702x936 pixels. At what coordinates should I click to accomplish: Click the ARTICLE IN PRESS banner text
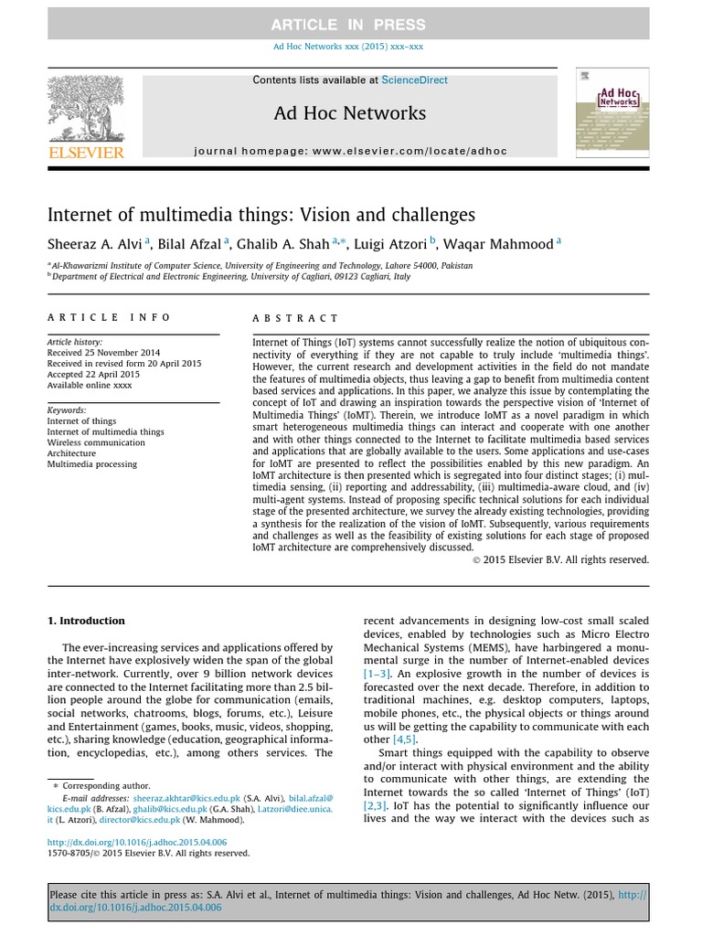348,25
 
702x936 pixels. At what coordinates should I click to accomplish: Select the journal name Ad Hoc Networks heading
349,113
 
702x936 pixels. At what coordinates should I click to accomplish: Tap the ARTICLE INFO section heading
109,317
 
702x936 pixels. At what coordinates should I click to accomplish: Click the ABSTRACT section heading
295,318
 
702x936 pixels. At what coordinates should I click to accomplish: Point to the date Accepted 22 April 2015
93,374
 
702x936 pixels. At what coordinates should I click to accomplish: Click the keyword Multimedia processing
92,464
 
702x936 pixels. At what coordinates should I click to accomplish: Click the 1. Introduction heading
86,621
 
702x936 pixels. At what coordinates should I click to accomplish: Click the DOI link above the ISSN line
137,842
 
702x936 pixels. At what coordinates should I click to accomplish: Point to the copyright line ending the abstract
560,559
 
